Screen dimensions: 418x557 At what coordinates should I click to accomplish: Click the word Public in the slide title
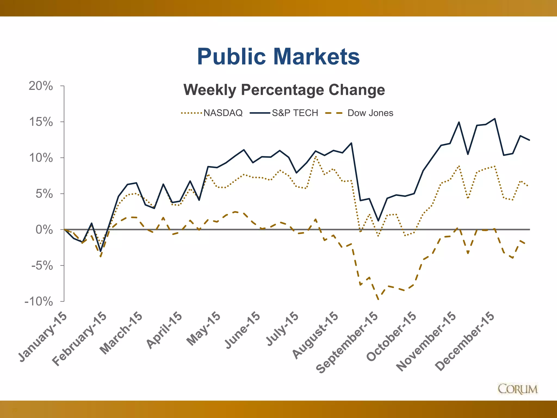[231, 57]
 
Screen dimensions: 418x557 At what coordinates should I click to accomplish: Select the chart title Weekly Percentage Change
[284, 90]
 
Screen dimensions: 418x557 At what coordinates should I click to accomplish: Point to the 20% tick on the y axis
[41, 86]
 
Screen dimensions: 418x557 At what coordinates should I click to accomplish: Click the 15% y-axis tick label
[41, 122]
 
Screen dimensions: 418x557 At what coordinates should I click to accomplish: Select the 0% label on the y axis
[44, 230]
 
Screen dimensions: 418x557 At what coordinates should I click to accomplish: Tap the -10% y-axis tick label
[39, 302]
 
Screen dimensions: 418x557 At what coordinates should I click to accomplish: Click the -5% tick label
[42, 266]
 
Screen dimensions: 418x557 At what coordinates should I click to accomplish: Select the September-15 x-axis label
[347, 343]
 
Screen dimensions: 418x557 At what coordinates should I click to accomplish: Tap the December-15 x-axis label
[465, 341]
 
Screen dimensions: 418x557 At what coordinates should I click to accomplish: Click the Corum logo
[518, 389]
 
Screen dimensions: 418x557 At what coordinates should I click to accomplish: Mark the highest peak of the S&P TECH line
[495, 119]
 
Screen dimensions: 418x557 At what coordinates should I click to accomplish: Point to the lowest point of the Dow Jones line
[378, 299]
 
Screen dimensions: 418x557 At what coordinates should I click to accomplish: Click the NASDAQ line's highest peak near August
[315, 157]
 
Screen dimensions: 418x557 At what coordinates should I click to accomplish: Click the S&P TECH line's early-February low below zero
[101, 251]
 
